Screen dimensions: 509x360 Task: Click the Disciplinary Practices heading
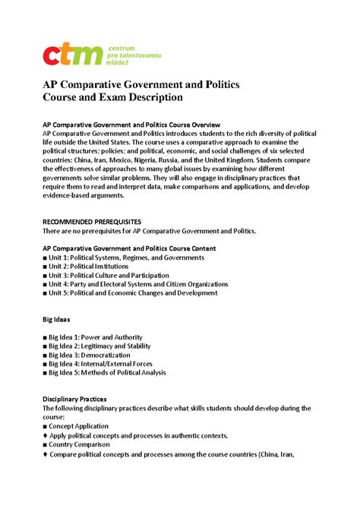(x=75, y=399)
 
